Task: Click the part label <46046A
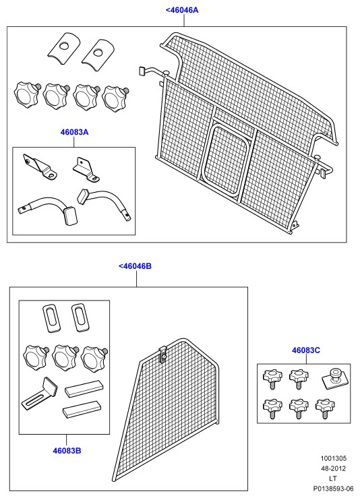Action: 182,10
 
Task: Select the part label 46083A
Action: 74,132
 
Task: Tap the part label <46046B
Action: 135,266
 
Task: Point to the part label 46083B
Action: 67,451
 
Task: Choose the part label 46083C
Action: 306,350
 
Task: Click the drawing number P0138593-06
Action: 333,489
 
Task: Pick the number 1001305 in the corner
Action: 333,458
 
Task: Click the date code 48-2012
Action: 333,468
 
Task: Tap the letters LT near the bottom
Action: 332,478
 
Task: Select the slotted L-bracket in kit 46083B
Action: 39,394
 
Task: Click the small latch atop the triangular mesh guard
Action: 162,354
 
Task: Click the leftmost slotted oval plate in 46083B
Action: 51,318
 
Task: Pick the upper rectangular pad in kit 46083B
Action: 84,389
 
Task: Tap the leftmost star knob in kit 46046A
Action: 27,94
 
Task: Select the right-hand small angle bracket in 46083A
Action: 86,170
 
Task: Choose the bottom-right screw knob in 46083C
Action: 326,408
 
